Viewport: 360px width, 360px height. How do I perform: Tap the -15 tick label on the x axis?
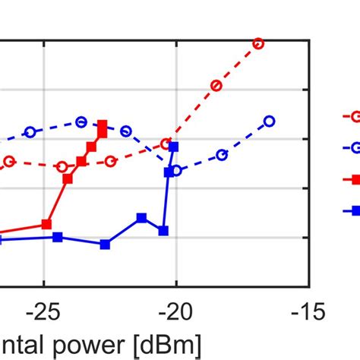click(x=308, y=311)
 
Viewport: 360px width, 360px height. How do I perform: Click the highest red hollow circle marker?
click(x=258, y=43)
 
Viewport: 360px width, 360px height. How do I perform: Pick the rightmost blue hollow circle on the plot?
click(x=269, y=121)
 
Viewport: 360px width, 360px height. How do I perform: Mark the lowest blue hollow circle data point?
click(x=177, y=171)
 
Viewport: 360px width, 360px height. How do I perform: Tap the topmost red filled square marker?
click(x=103, y=124)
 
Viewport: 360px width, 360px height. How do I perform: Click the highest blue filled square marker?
click(x=174, y=146)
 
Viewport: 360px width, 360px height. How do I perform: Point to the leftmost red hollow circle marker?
click(x=10, y=161)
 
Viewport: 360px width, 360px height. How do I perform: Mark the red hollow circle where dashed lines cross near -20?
click(x=166, y=144)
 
